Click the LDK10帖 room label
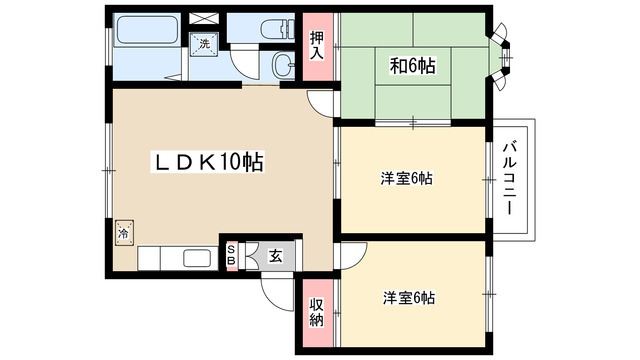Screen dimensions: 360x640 tap(207, 161)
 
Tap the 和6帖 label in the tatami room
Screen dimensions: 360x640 tap(412, 66)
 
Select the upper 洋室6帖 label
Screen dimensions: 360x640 tap(405, 179)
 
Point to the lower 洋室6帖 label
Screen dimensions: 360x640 tap(408, 298)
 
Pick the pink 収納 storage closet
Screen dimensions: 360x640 tap(316, 312)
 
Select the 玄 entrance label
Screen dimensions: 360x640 tap(274, 255)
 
